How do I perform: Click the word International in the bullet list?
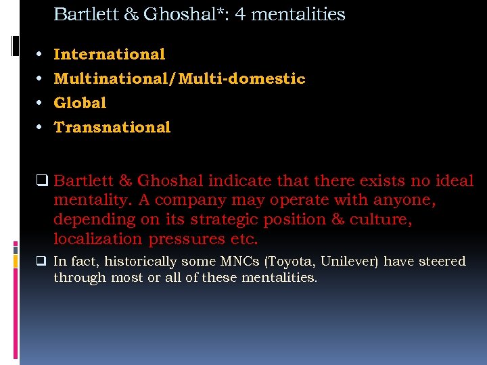(110, 54)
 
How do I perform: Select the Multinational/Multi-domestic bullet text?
(179, 78)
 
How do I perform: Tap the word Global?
(80, 103)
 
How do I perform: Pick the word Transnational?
(112, 127)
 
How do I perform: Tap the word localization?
(97, 239)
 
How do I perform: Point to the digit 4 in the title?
(239, 14)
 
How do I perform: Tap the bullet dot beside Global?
(41, 103)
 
